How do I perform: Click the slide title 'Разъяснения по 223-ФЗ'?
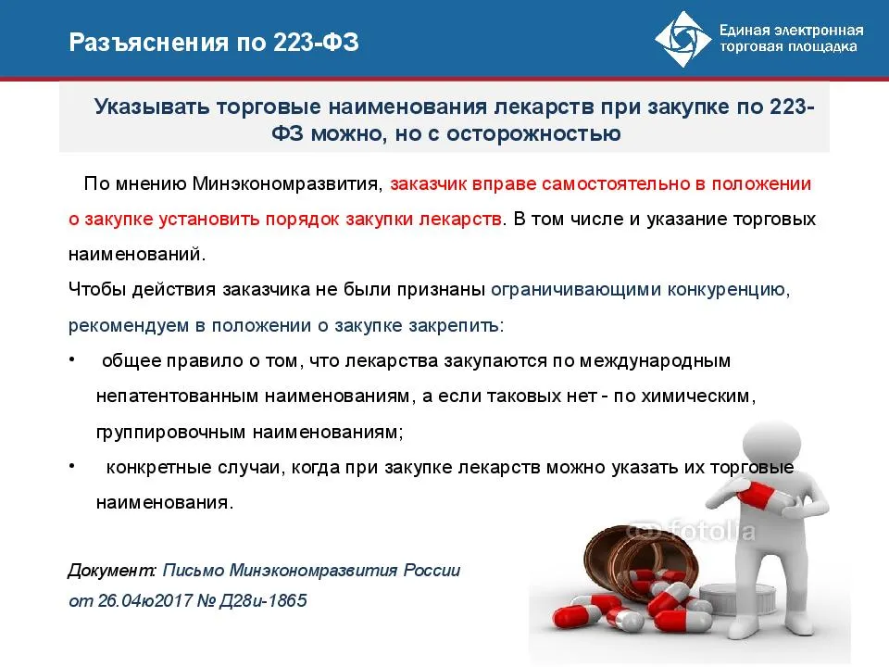(213, 43)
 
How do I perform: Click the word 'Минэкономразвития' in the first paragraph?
(288, 183)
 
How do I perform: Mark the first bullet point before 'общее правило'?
(73, 359)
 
